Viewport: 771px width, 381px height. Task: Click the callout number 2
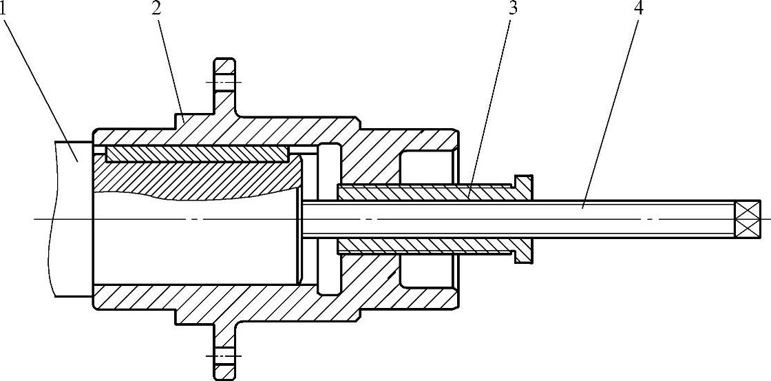tap(158, 8)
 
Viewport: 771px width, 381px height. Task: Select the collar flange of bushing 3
tap(524, 218)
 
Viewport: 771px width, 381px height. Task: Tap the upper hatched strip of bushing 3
tap(427, 193)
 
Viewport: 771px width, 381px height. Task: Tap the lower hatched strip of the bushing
tap(427, 246)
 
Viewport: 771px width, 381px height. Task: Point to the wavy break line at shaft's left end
tap(52, 220)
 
